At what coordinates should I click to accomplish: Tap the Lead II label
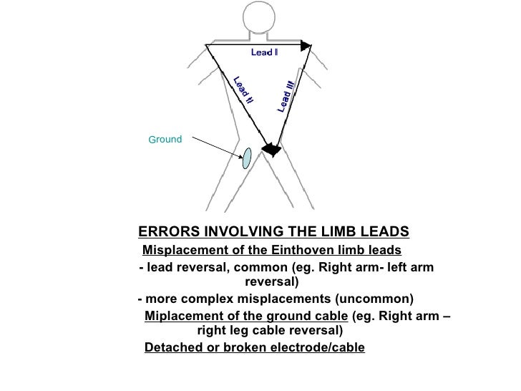pyautogui.click(x=242, y=92)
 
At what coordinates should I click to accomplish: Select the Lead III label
pyautogui.click(x=286, y=97)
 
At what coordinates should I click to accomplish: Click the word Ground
pyautogui.click(x=165, y=140)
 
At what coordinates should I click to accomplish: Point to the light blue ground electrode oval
pyautogui.click(x=246, y=158)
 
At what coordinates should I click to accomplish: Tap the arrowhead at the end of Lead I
pyautogui.click(x=306, y=46)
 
